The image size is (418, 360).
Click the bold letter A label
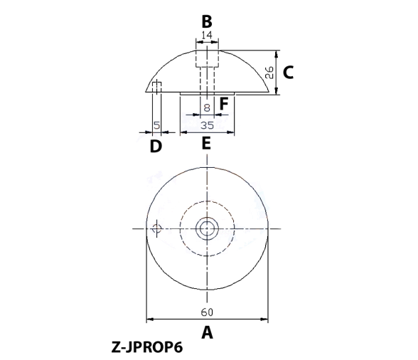[207, 332]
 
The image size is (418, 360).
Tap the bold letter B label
[207, 21]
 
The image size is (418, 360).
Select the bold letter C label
[288, 73]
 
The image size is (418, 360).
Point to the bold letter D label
[156, 147]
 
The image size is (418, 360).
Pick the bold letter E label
[206, 143]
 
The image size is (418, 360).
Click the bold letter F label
[224, 104]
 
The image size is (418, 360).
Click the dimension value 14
[207, 35]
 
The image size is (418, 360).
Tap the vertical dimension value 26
[269, 73]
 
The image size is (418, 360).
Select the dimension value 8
[207, 108]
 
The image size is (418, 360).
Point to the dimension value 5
[157, 125]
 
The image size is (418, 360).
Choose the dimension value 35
[207, 125]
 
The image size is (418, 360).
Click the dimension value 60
[207, 312]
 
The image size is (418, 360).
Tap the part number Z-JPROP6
[147, 347]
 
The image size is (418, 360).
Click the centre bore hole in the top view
[207, 228]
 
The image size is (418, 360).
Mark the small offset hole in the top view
[156, 228]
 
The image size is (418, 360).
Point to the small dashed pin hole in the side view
[156, 88]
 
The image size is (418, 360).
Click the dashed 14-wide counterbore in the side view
[207, 58]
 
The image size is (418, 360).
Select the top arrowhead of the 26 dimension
[277, 53]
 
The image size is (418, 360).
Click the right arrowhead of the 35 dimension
[230, 132]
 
